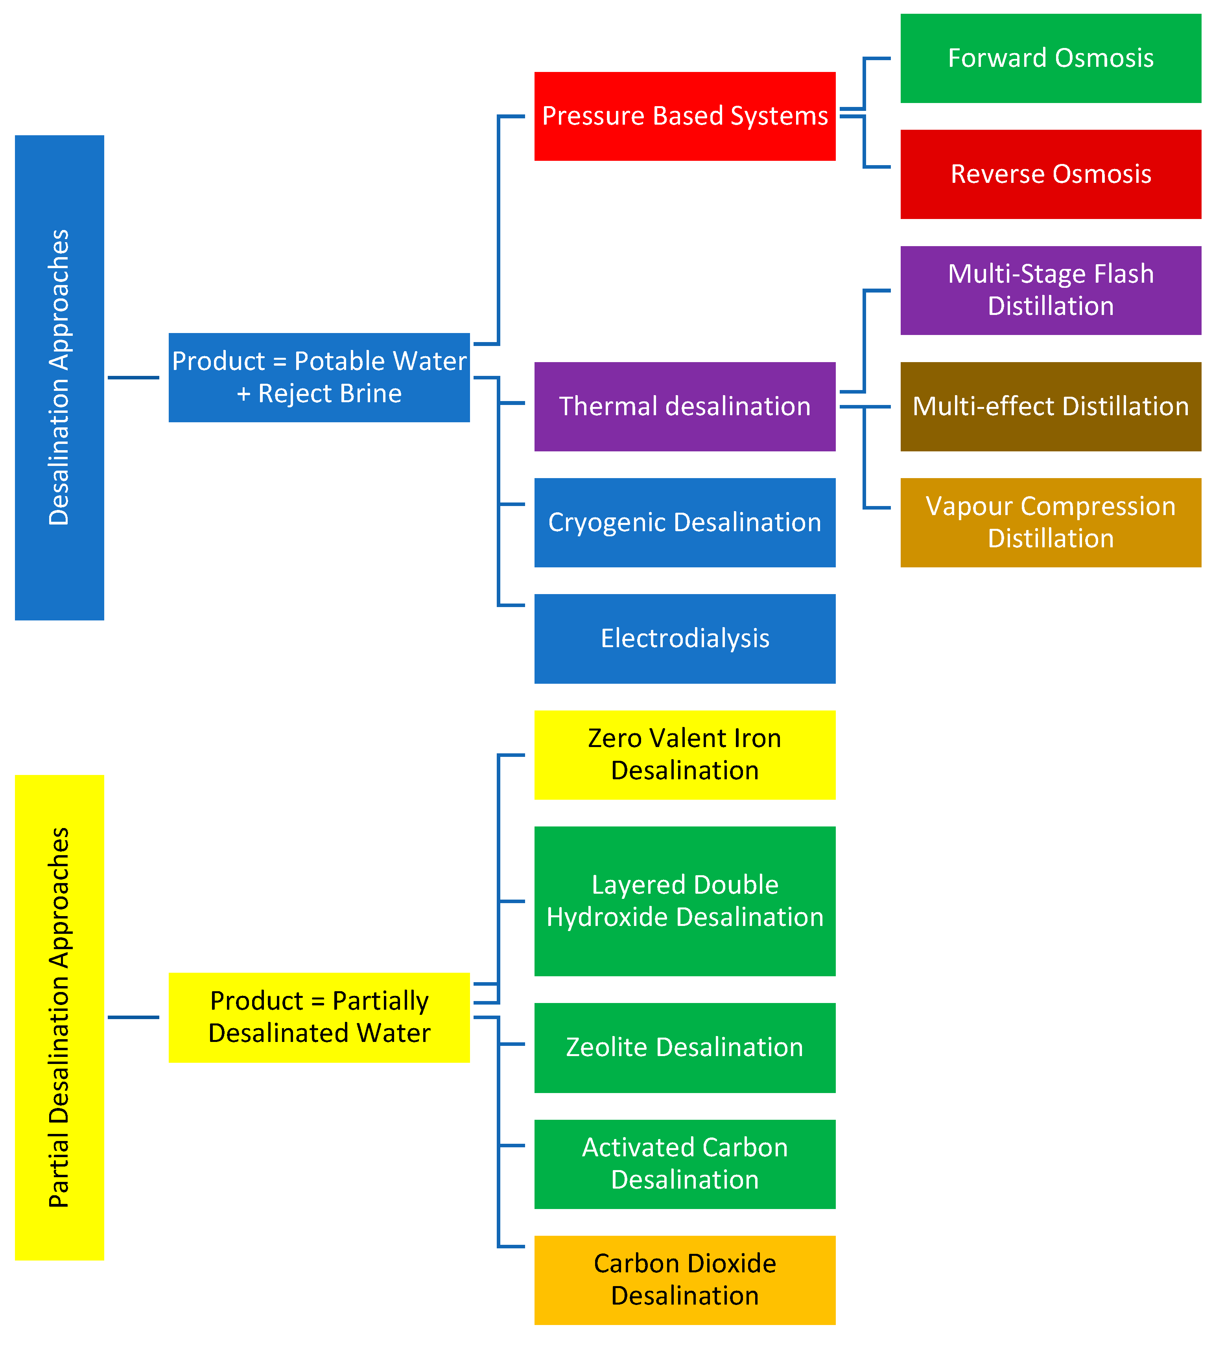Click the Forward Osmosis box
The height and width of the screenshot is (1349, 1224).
click(x=1050, y=58)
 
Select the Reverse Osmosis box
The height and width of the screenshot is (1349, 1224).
click(x=1050, y=174)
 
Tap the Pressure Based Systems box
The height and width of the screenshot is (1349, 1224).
click(x=685, y=116)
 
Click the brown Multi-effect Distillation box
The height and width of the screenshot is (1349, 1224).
click(x=1050, y=406)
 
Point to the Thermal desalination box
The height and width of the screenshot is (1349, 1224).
click(x=685, y=406)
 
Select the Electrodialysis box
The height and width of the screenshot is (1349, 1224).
click(x=685, y=639)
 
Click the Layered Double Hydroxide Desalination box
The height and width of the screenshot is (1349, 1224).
click(x=685, y=901)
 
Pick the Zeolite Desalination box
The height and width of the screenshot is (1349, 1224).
click(x=685, y=1047)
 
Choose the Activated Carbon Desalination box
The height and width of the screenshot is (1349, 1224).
click(x=685, y=1164)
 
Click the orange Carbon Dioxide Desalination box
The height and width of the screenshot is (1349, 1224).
click(x=685, y=1279)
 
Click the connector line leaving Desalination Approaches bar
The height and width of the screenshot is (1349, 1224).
click(x=133, y=377)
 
